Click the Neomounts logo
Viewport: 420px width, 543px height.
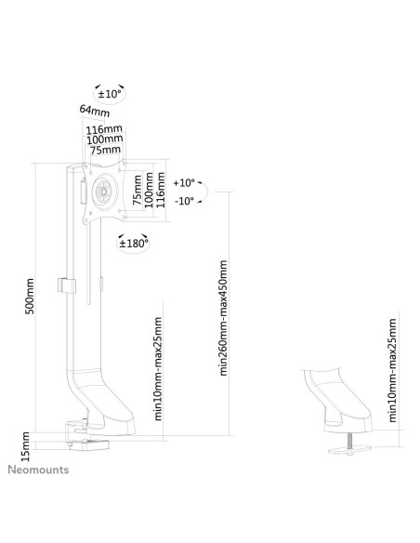tap(38, 470)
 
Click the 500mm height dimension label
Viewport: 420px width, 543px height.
tap(30, 296)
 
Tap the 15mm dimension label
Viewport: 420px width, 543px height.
tap(26, 446)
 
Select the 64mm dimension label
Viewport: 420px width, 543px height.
tap(95, 111)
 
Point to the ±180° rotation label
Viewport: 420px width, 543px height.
tap(134, 244)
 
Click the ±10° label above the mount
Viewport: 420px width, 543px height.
tap(110, 94)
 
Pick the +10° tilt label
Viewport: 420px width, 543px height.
tap(184, 182)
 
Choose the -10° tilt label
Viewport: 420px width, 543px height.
tap(184, 201)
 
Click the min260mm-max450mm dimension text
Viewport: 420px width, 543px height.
tap(223, 318)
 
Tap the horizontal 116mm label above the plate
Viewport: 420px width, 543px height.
tap(104, 129)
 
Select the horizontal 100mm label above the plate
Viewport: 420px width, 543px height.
tap(104, 139)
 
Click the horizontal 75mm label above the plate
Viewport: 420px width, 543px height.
tap(105, 150)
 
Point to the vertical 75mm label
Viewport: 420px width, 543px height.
tap(138, 190)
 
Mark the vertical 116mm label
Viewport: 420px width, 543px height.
tap(161, 190)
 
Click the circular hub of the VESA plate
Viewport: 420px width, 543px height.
tap(104, 191)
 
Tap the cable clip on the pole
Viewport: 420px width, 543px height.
tap(66, 285)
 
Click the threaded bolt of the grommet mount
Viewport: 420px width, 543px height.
tap(349, 441)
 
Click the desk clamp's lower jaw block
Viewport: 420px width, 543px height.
tap(89, 444)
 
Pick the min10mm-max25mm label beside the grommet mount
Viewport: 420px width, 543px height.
tap(392, 370)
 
